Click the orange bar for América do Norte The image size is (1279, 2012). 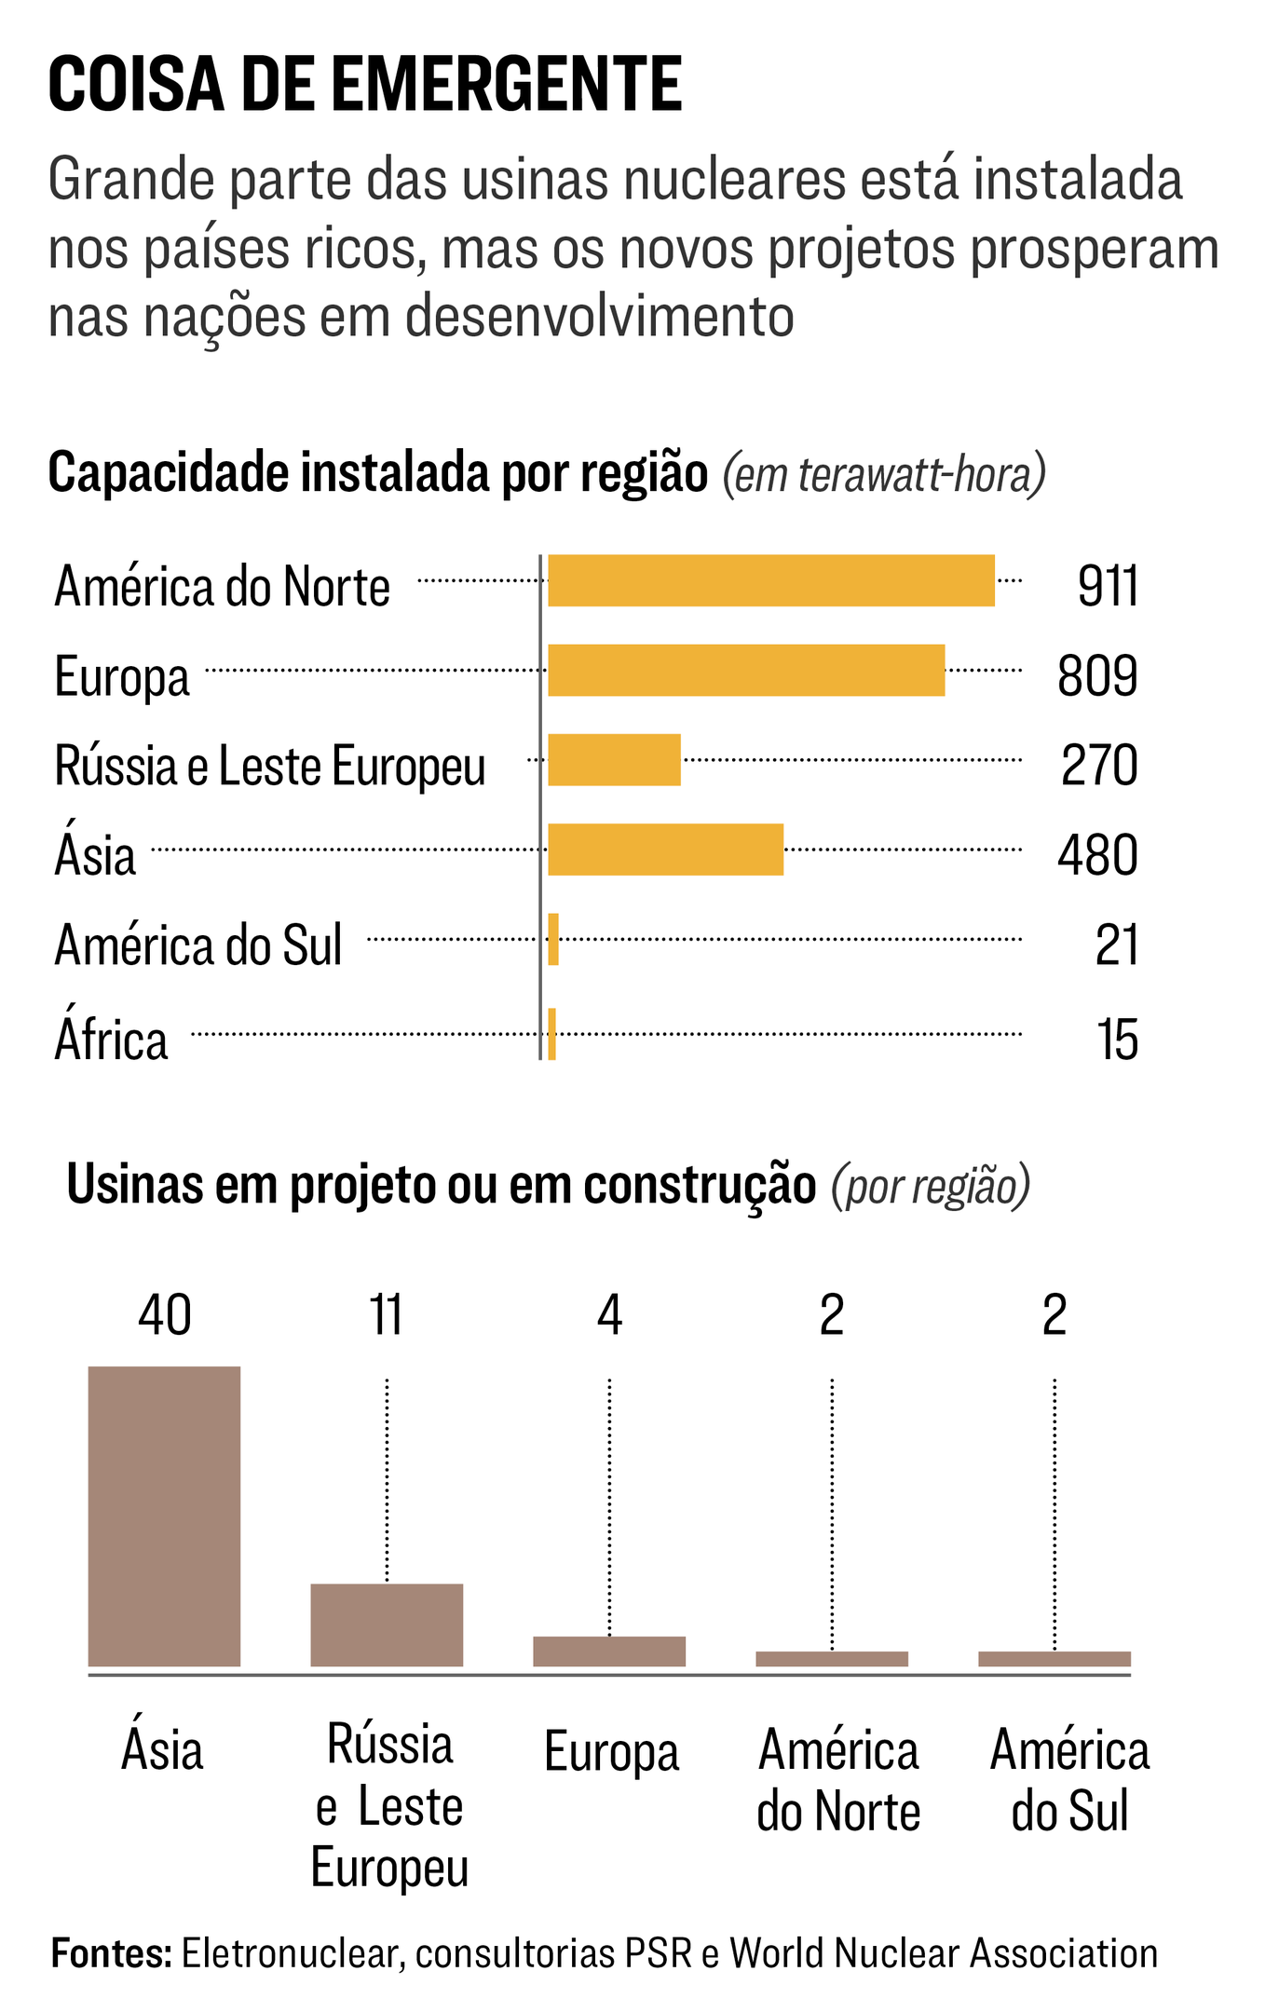tap(770, 580)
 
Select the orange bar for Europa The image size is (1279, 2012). tap(746, 670)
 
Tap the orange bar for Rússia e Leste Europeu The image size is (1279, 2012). tap(614, 759)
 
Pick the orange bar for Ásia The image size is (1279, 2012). tap(665, 849)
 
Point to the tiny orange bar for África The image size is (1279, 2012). tap(552, 1033)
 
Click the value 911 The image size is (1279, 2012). tap(1108, 587)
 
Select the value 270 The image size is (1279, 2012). tap(1099, 766)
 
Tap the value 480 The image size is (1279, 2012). tap(1097, 855)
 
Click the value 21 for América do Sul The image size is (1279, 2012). tap(1116, 945)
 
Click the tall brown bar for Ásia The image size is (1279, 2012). tap(164, 1516)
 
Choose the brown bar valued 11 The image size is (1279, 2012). tap(387, 1625)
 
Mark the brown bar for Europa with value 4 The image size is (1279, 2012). tap(609, 1651)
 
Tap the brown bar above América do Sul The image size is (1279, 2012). tap(1054, 1658)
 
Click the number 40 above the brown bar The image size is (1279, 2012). tap(165, 1315)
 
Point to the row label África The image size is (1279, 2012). tap(111, 1040)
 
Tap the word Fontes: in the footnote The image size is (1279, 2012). tap(111, 1952)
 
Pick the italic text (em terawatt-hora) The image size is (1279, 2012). tap(883, 474)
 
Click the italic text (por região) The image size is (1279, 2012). tap(931, 1186)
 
